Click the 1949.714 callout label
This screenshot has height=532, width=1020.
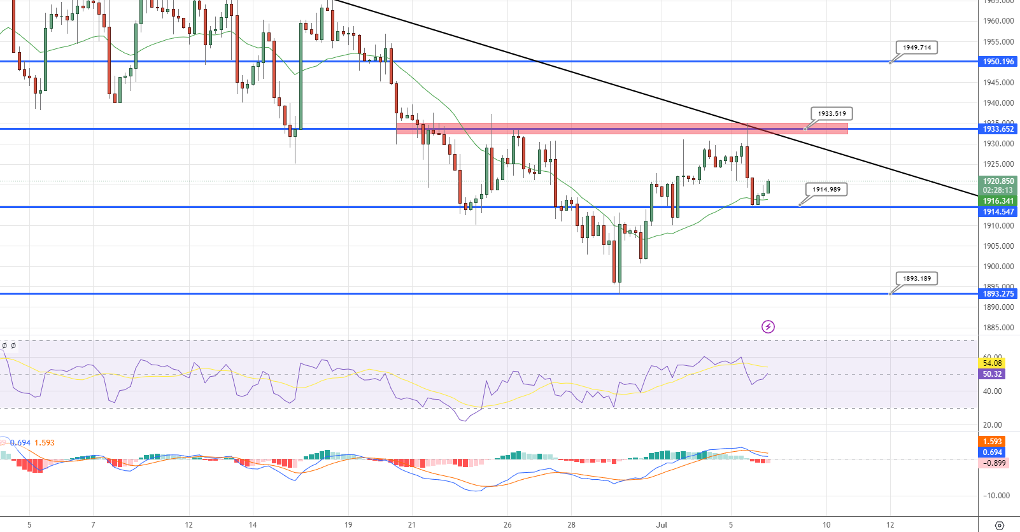click(x=917, y=48)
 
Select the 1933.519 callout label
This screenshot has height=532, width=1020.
click(x=832, y=114)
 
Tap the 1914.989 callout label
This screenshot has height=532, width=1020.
click(x=826, y=190)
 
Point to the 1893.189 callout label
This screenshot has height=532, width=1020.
click(x=916, y=279)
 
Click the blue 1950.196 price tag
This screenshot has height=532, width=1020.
click(x=998, y=62)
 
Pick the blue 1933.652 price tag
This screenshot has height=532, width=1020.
click(x=998, y=129)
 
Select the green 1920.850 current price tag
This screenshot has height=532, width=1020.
click(x=998, y=181)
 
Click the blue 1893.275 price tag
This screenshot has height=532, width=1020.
click(x=998, y=294)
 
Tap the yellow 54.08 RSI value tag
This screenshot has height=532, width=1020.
click(x=992, y=363)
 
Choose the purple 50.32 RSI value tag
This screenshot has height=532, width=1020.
click(x=992, y=374)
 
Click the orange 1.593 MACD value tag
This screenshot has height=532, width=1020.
click(x=992, y=442)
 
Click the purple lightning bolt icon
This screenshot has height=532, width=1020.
click(x=768, y=327)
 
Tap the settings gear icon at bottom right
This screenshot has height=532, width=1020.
click(x=999, y=526)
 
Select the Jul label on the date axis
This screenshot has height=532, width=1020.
click(x=662, y=525)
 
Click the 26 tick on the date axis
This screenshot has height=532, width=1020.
click(x=507, y=525)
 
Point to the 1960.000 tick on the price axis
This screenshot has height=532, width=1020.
click(x=998, y=21)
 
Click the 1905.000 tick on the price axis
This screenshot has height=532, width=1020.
click(x=998, y=246)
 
